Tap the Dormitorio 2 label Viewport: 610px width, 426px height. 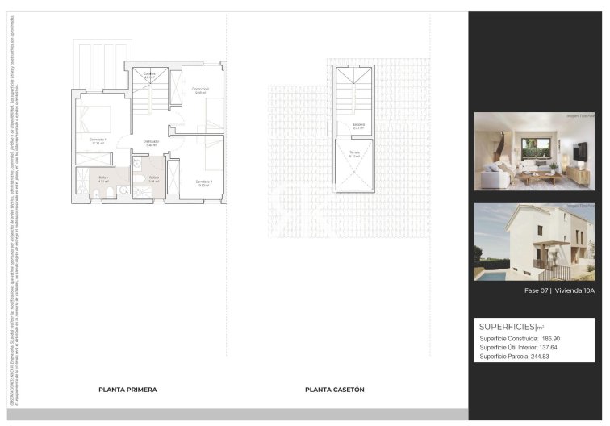[200, 88]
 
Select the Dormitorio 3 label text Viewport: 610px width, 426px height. [203, 182]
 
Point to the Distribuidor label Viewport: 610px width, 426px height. [151, 141]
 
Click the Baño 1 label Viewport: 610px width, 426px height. [102, 177]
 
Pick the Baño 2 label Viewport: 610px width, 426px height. [152, 177]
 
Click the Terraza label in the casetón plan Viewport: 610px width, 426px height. [354, 153]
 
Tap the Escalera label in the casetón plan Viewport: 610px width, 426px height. [357, 124]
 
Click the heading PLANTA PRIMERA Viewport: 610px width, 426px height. [127, 390]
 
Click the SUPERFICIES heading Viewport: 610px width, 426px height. [508, 327]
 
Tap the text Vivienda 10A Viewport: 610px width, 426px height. [574, 290]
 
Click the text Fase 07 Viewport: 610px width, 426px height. [536, 290]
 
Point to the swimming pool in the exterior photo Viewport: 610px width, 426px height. [489, 274]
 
